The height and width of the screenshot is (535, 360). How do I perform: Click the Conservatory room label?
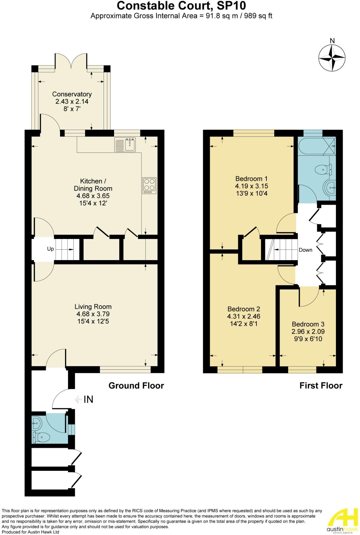coord(72,94)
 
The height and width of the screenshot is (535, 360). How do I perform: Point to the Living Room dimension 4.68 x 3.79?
coord(93,314)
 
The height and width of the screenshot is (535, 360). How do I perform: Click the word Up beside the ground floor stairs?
coord(50,249)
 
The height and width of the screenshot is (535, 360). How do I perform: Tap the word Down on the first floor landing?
coord(305,250)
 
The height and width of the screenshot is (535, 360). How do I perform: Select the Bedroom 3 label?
coord(308,324)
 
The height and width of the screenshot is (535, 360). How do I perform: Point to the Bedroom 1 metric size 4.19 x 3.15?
coord(251,186)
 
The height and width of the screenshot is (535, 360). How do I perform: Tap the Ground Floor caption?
coord(136,386)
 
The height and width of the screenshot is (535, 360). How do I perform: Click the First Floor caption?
coord(321,386)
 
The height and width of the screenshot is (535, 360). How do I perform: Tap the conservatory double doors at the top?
coord(71,60)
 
